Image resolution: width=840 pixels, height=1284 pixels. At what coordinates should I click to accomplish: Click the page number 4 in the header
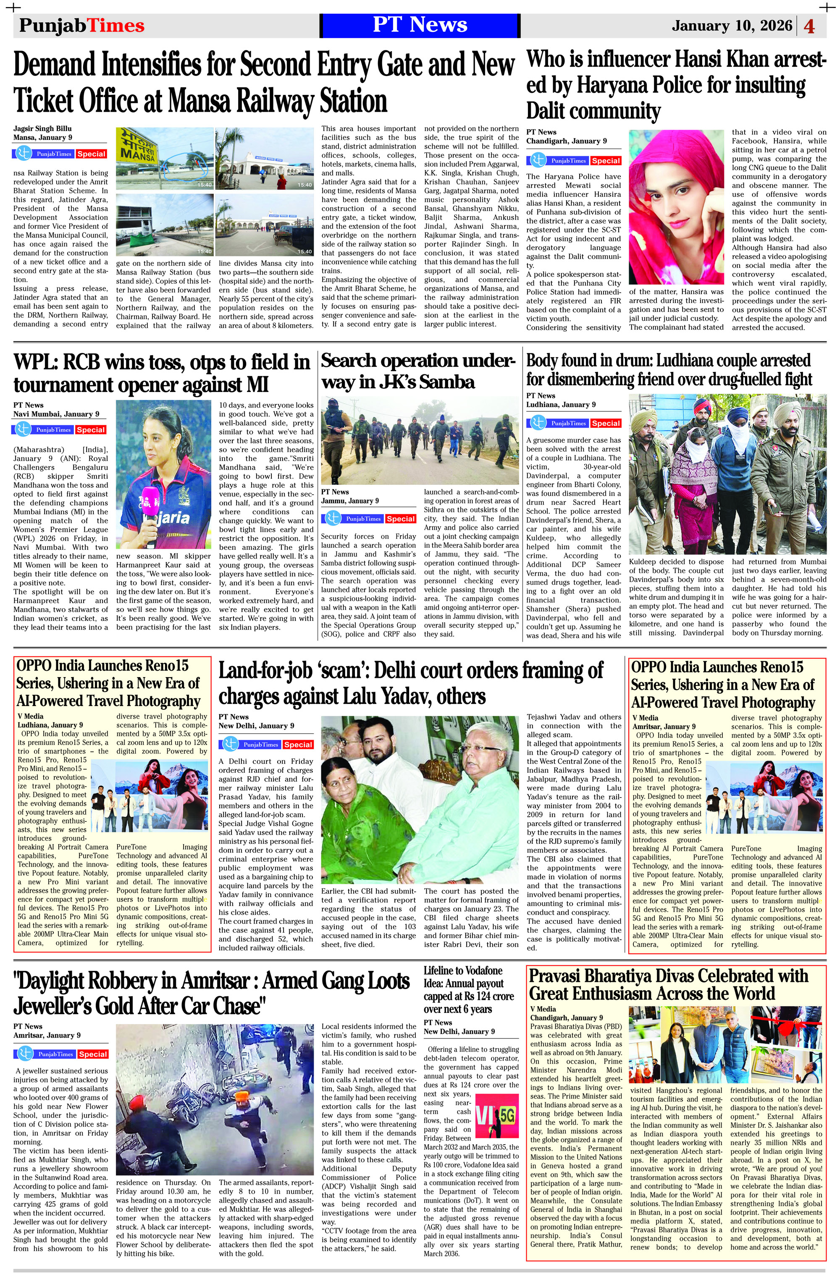(x=809, y=26)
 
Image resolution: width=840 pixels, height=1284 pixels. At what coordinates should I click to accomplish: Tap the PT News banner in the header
(x=420, y=25)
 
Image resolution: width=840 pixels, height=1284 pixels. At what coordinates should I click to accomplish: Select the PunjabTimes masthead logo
(x=81, y=25)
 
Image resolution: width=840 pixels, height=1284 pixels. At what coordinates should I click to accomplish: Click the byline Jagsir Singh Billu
(x=42, y=129)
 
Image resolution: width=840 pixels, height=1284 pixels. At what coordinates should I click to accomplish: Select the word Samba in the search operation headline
(x=446, y=382)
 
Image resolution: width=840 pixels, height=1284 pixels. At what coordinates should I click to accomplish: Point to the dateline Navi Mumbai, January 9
(x=56, y=414)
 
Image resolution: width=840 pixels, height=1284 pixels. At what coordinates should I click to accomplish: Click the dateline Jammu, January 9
(x=350, y=501)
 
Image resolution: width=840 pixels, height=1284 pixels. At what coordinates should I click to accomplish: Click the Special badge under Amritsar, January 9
(x=92, y=1054)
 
